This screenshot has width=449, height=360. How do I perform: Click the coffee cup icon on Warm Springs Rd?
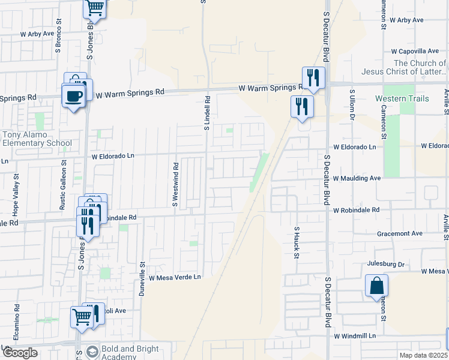point(74,96)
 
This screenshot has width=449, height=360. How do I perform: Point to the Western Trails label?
point(402,98)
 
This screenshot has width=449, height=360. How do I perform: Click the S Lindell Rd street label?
point(206,115)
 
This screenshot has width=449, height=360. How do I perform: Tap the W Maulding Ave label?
point(357,179)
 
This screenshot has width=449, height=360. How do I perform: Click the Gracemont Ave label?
point(399,233)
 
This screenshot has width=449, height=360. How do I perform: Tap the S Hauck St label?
point(297,242)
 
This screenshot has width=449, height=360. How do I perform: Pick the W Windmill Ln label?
point(355,336)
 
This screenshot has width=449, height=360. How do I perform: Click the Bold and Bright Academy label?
point(131,353)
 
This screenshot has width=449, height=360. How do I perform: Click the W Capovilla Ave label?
point(415,52)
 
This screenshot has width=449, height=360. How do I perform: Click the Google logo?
point(20,353)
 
